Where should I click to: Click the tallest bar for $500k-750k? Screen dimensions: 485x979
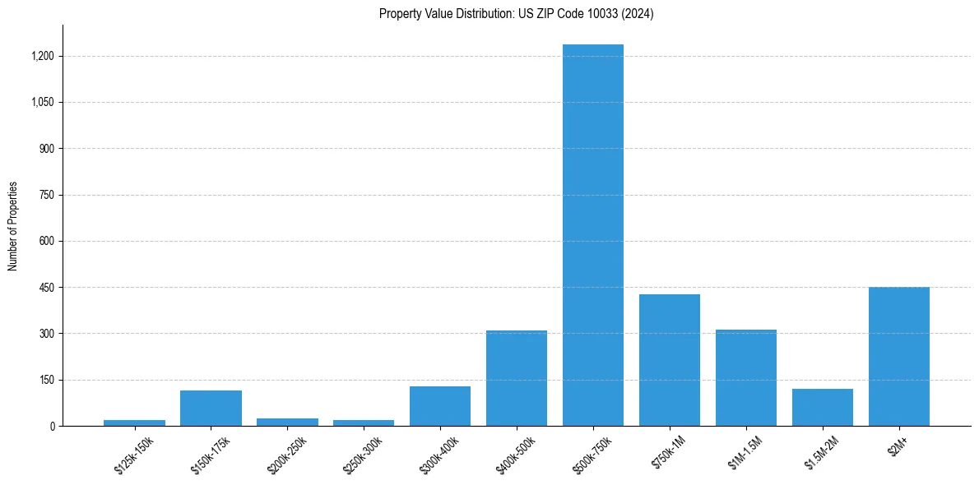[x=593, y=235]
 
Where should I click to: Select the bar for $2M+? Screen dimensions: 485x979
[x=899, y=357]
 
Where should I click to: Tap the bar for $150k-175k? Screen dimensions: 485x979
[x=211, y=409]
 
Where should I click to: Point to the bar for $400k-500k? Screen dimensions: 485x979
[x=517, y=378]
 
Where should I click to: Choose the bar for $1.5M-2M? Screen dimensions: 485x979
[x=823, y=408]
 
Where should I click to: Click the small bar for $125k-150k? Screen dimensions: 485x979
[x=134, y=423]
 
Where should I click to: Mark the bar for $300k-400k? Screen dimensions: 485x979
[x=440, y=406]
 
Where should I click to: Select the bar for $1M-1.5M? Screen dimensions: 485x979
[x=746, y=378]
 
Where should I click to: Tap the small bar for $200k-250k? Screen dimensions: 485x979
[x=287, y=422]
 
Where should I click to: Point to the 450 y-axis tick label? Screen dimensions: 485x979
[x=47, y=288]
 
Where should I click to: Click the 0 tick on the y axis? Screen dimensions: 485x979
[x=52, y=427]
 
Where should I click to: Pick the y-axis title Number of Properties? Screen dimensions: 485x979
[x=13, y=226]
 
